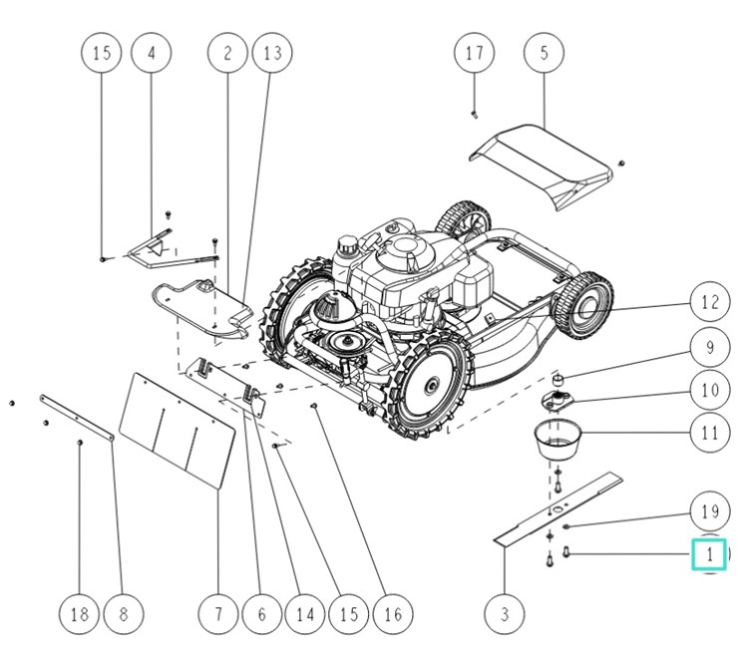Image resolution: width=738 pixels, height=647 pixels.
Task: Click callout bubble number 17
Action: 475,53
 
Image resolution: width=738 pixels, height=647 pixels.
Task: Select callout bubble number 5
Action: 544,53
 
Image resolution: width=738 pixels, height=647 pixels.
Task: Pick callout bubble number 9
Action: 709,348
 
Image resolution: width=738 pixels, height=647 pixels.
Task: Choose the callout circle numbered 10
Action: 709,390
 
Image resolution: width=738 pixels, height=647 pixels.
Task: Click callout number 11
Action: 709,434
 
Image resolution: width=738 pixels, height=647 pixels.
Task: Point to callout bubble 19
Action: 709,511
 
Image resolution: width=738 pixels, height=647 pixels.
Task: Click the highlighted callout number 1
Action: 709,553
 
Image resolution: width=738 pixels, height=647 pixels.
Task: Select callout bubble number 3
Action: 505,613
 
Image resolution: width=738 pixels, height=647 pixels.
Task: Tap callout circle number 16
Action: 392,613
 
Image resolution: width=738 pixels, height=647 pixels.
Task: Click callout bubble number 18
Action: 79,613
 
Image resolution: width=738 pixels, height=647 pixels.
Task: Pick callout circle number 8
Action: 124,613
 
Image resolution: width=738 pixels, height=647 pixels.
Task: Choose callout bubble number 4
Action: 152,53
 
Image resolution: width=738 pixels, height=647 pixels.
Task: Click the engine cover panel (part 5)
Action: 544,160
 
